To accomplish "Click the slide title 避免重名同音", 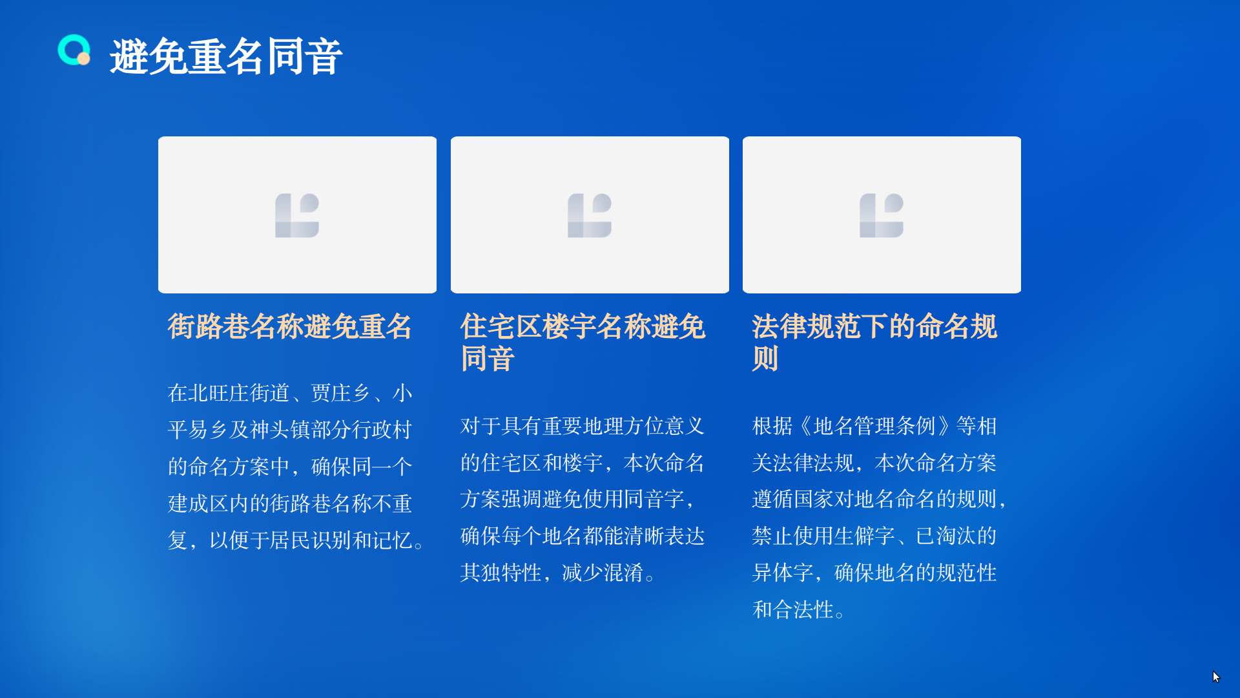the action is pyautogui.click(x=226, y=56).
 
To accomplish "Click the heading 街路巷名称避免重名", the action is pyautogui.click(x=289, y=326).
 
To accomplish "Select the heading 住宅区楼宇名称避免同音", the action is pyautogui.click(x=583, y=343).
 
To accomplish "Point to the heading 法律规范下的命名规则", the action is pyautogui.click(x=874, y=343).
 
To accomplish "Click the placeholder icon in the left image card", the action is pyautogui.click(x=297, y=215).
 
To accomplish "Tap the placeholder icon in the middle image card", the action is pyautogui.click(x=590, y=215).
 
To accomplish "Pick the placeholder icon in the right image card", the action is pyautogui.click(x=882, y=215).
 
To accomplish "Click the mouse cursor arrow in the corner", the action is pyautogui.click(x=1216, y=677).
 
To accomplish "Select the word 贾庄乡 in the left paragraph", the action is pyautogui.click(x=341, y=393).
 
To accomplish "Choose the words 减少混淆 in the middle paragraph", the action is pyautogui.click(x=603, y=573).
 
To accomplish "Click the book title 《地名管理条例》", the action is pyautogui.click(x=874, y=427).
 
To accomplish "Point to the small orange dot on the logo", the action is pyautogui.click(x=83, y=59).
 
